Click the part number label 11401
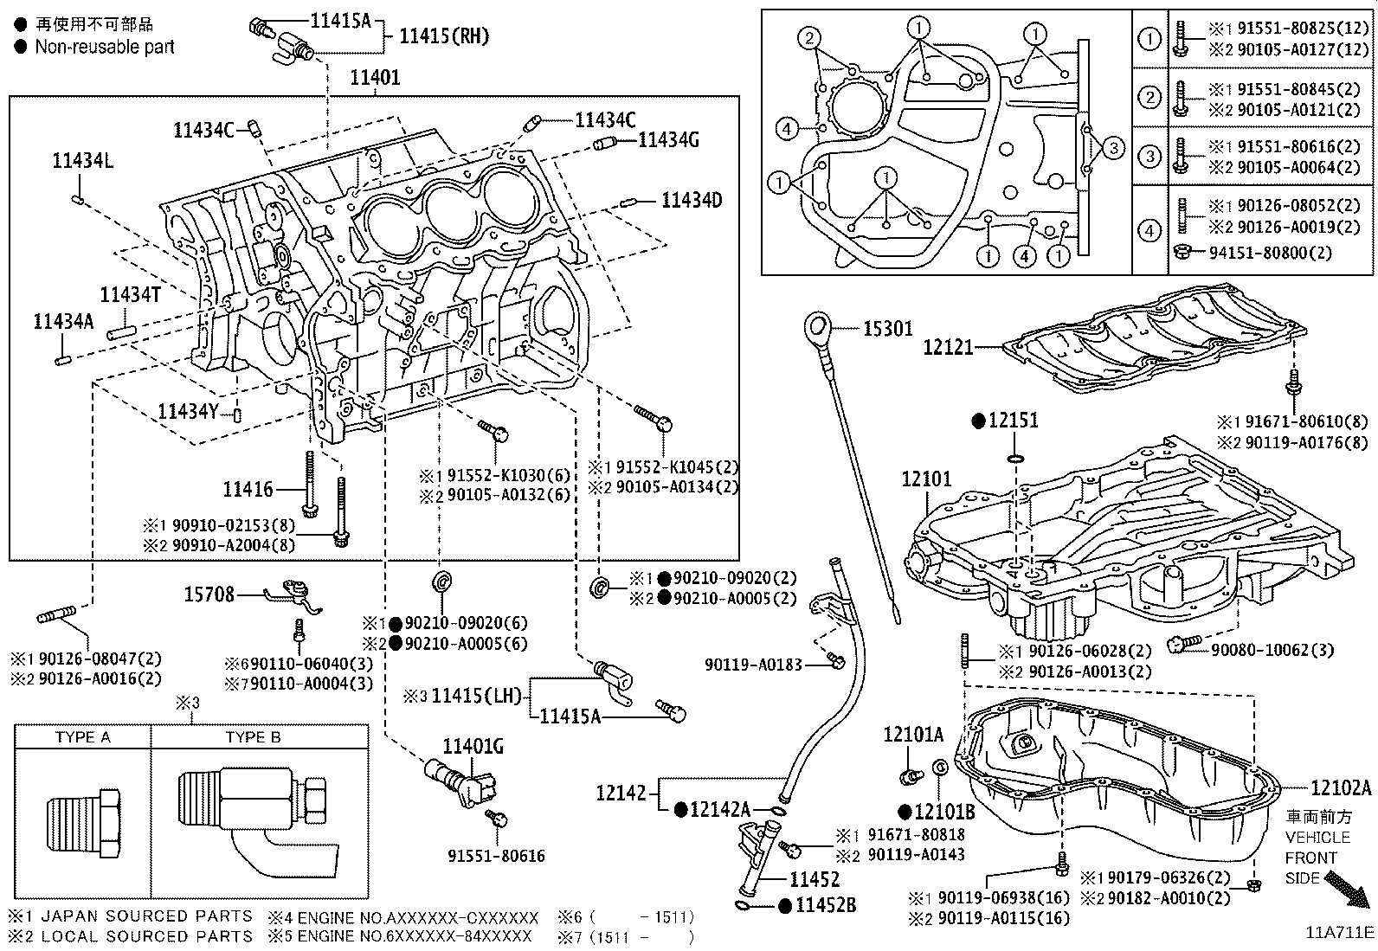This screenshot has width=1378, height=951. coord(375,78)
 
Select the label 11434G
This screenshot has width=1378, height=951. coord(668,139)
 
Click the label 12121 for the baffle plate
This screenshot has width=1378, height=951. coord(949,347)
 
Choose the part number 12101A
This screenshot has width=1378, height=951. coord(913,735)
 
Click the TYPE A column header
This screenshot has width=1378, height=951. coord(83,737)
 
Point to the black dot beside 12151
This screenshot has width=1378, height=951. coord(978,421)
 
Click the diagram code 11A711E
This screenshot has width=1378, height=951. coord(1340,932)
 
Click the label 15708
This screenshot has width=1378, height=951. coord(209,594)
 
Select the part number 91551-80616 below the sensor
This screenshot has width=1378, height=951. coord(496,856)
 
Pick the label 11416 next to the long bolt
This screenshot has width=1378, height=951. coord(248,490)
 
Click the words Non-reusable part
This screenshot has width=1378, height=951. coord(104,47)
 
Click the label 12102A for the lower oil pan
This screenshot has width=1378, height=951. coord(1341,787)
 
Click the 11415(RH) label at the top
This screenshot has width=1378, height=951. coord(443,36)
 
